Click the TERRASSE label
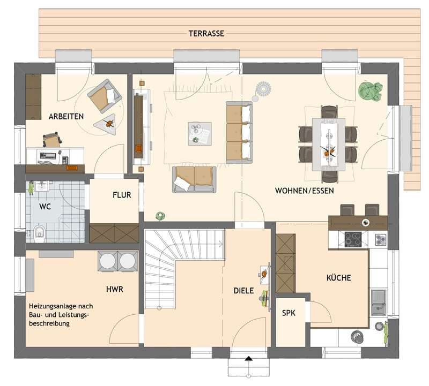[x=206, y=34]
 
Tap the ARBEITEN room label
[x=66, y=117]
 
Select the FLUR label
[x=122, y=195]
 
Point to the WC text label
[x=45, y=207]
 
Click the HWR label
[x=115, y=289]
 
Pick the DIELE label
[x=244, y=291]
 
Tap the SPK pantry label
[x=289, y=313]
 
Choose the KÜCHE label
[x=339, y=277]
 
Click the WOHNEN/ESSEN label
[x=304, y=191]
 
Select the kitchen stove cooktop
[x=353, y=239]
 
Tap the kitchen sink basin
[x=379, y=301]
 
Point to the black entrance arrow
[x=248, y=359]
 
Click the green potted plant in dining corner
[x=370, y=92]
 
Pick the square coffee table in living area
[x=199, y=134]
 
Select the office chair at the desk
[x=51, y=140]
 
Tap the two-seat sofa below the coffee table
[x=194, y=179]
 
